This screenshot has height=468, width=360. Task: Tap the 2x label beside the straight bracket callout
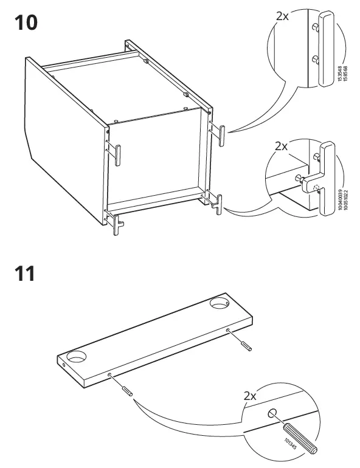(283, 16)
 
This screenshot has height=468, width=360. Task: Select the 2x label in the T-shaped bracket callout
(281, 146)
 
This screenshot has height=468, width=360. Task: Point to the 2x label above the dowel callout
(251, 396)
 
